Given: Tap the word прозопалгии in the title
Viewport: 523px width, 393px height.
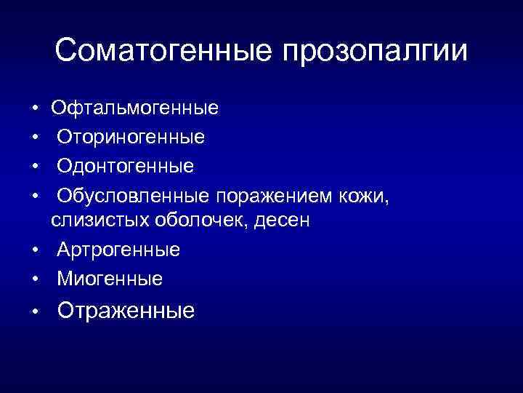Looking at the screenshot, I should tap(376, 52).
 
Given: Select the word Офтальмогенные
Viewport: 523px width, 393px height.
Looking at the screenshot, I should tap(134, 109).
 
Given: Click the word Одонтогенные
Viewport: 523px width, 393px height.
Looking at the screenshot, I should tap(126, 166).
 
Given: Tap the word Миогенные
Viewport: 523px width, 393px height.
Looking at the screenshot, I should tap(110, 278).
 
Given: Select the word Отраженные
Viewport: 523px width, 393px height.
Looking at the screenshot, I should tap(126, 311).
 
